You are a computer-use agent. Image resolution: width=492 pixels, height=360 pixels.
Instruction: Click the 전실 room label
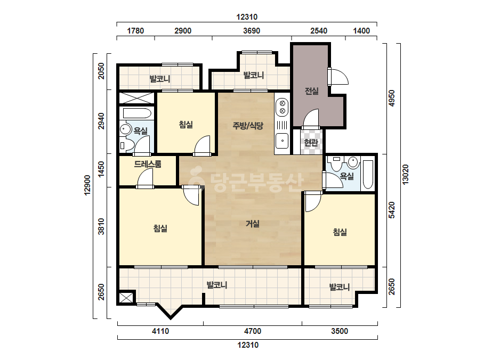(x=312, y=91)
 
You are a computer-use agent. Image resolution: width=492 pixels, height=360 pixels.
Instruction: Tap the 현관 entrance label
(x=311, y=143)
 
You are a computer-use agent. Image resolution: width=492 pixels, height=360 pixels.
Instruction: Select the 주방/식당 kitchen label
(x=248, y=126)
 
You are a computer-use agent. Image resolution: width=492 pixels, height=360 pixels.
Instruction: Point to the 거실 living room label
(x=253, y=224)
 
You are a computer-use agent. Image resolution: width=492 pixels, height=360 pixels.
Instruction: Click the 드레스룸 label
(x=148, y=163)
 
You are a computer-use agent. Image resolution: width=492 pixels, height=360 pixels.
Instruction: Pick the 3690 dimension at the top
(x=252, y=31)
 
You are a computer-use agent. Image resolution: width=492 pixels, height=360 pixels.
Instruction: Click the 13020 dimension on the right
(x=406, y=175)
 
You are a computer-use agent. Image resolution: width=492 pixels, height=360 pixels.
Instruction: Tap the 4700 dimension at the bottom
(x=253, y=331)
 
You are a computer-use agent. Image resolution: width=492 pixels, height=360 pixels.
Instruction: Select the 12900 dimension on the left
(x=87, y=185)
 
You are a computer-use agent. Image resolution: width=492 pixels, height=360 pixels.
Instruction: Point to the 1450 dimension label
(x=101, y=169)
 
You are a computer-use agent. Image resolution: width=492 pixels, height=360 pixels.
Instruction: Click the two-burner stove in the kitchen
(x=282, y=107)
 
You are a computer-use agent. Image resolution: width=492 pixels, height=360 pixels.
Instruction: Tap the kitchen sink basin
(x=282, y=141)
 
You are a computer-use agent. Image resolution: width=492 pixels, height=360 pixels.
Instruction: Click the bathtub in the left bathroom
(x=137, y=113)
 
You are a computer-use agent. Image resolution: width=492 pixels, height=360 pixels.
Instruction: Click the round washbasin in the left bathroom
(x=126, y=129)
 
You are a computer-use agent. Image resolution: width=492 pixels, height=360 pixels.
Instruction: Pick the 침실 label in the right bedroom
(x=340, y=232)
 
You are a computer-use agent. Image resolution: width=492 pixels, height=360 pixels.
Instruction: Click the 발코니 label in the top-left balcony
(x=160, y=78)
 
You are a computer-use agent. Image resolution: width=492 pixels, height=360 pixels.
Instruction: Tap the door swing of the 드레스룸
(x=145, y=179)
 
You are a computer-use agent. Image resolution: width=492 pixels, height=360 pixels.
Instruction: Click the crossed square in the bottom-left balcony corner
(x=126, y=298)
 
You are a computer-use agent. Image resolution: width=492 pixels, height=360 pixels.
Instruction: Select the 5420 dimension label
(x=392, y=210)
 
